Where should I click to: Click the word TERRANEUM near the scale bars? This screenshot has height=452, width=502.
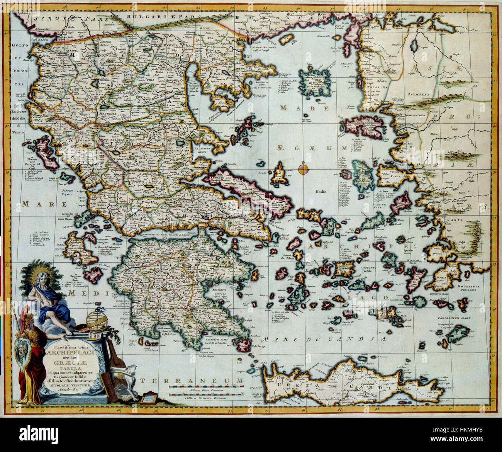191,381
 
